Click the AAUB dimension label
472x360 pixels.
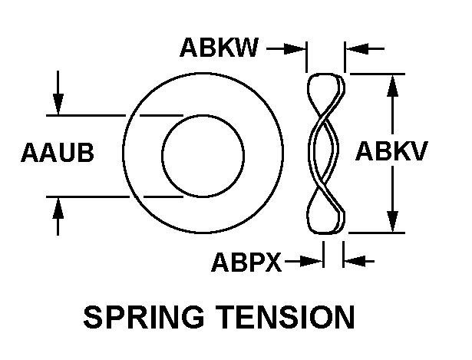[x=58, y=152]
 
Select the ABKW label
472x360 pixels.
[x=219, y=48]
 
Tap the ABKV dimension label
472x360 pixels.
[x=391, y=150]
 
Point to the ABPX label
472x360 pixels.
[x=246, y=262]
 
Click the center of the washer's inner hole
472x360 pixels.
[x=203, y=156]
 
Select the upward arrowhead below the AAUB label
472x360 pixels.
[x=58, y=208]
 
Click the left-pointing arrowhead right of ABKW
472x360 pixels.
[x=357, y=48]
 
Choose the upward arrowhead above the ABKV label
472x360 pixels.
[x=392, y=85]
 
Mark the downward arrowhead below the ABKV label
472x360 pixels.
[x=392, y=221]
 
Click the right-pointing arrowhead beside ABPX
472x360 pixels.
[x=312, y=261]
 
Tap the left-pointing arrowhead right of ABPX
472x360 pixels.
[x=355, y=261]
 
